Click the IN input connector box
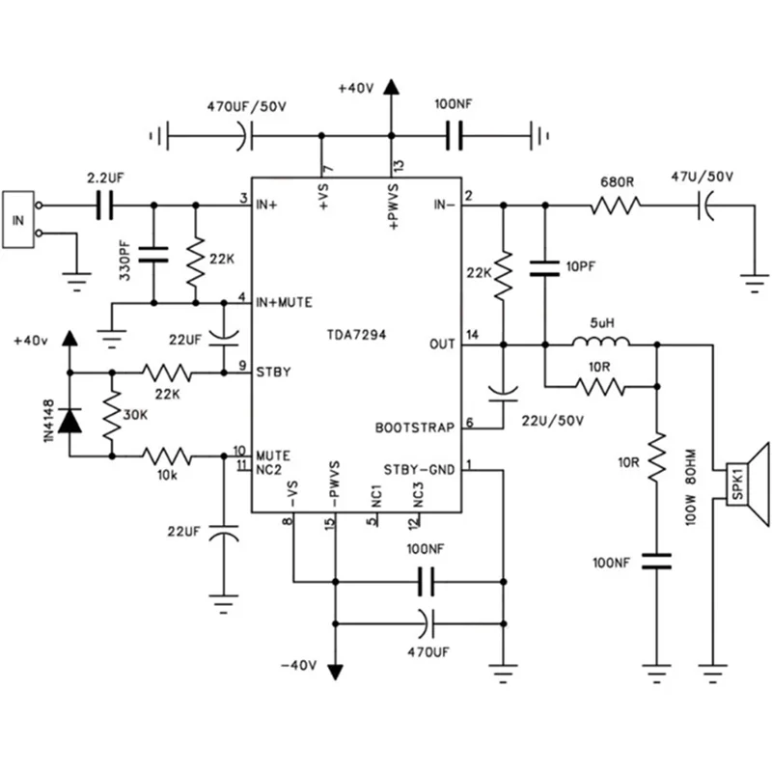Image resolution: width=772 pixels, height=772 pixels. (x=18, y=219)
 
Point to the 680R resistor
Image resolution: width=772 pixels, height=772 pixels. (x=615, y=205)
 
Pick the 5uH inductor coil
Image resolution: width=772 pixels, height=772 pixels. (x=600, y=343)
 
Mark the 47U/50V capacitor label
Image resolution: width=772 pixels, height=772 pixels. (x=702, y=177)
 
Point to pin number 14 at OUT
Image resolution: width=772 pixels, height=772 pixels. (x=470, y=334)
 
